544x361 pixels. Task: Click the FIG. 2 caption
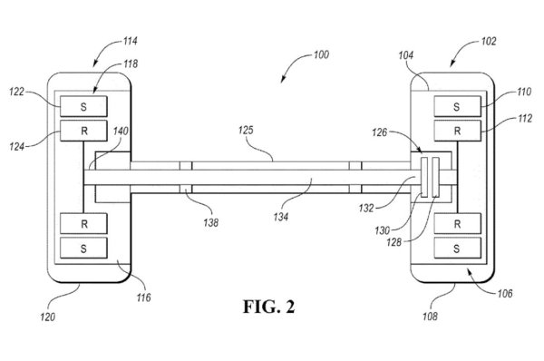click(269, 307)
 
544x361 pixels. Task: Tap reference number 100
click(321, 54)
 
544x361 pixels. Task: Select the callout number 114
click(130, 41)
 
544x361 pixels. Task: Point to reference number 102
click(489, 42)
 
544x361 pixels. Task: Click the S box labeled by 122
click(83, 106)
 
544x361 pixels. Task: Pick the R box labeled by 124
click(83, 131)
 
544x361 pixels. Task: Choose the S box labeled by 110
click(457, 106)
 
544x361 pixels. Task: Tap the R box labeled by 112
click(457, 131)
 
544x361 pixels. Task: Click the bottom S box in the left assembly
click(83, 249)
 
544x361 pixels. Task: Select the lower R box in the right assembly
click(457, 223)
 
